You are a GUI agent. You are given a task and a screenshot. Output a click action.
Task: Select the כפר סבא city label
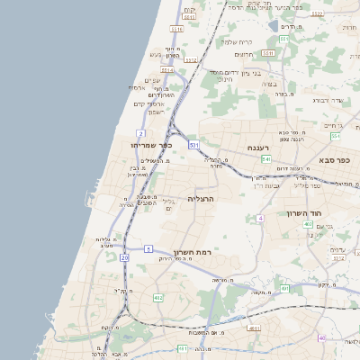coord(333,159)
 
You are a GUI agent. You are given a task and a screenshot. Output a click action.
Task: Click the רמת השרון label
coord(190,253)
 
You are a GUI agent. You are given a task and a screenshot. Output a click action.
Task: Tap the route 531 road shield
coord(194,144)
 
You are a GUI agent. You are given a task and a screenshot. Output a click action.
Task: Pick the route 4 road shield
coord(260,219)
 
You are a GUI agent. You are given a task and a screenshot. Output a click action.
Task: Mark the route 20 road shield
coord(125,257)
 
